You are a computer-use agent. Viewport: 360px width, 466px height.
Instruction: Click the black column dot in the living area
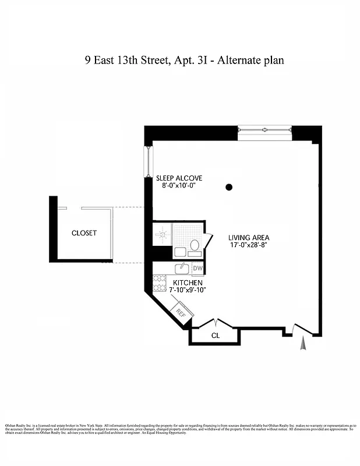(229, 187)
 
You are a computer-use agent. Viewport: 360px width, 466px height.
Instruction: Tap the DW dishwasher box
(197, 268)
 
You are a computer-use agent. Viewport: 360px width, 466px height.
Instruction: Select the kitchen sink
(181, 269)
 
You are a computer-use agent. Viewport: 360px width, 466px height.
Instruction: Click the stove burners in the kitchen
(160, 283)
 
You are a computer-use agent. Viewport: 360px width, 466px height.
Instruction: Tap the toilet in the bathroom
(194, 246)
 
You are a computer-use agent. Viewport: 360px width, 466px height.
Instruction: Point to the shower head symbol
(162, 235)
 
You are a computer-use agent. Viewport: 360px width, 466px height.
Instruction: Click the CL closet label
(215, 336)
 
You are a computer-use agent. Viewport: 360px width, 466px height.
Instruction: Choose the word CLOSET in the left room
(84, 233)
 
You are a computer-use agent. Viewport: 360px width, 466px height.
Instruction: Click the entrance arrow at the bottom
(302, 345)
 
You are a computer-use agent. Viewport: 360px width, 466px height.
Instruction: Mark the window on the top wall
(264, 132)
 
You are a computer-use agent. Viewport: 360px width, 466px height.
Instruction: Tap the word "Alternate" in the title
(239, 60)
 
